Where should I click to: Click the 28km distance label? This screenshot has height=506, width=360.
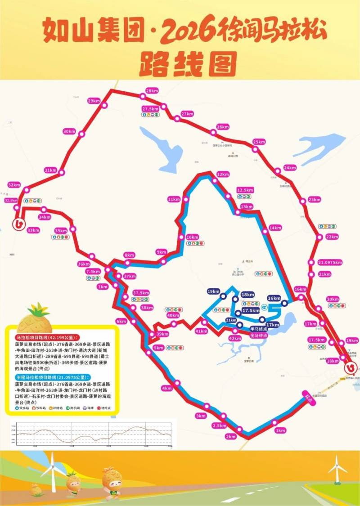[153, 90]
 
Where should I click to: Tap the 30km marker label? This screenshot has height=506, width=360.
[69, 131]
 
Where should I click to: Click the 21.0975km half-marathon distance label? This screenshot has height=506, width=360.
[330, 262]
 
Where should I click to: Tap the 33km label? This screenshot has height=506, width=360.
[33, 230]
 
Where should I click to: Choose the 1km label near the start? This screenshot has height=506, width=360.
[280, 430]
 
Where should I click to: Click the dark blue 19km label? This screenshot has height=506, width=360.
[213, 291]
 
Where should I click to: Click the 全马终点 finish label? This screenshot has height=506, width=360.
[259, 336]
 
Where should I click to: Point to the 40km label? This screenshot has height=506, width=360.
[173, 315]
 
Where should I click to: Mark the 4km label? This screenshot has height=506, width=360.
[166, 388]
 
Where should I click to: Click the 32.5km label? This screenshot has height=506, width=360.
[11, 200]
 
